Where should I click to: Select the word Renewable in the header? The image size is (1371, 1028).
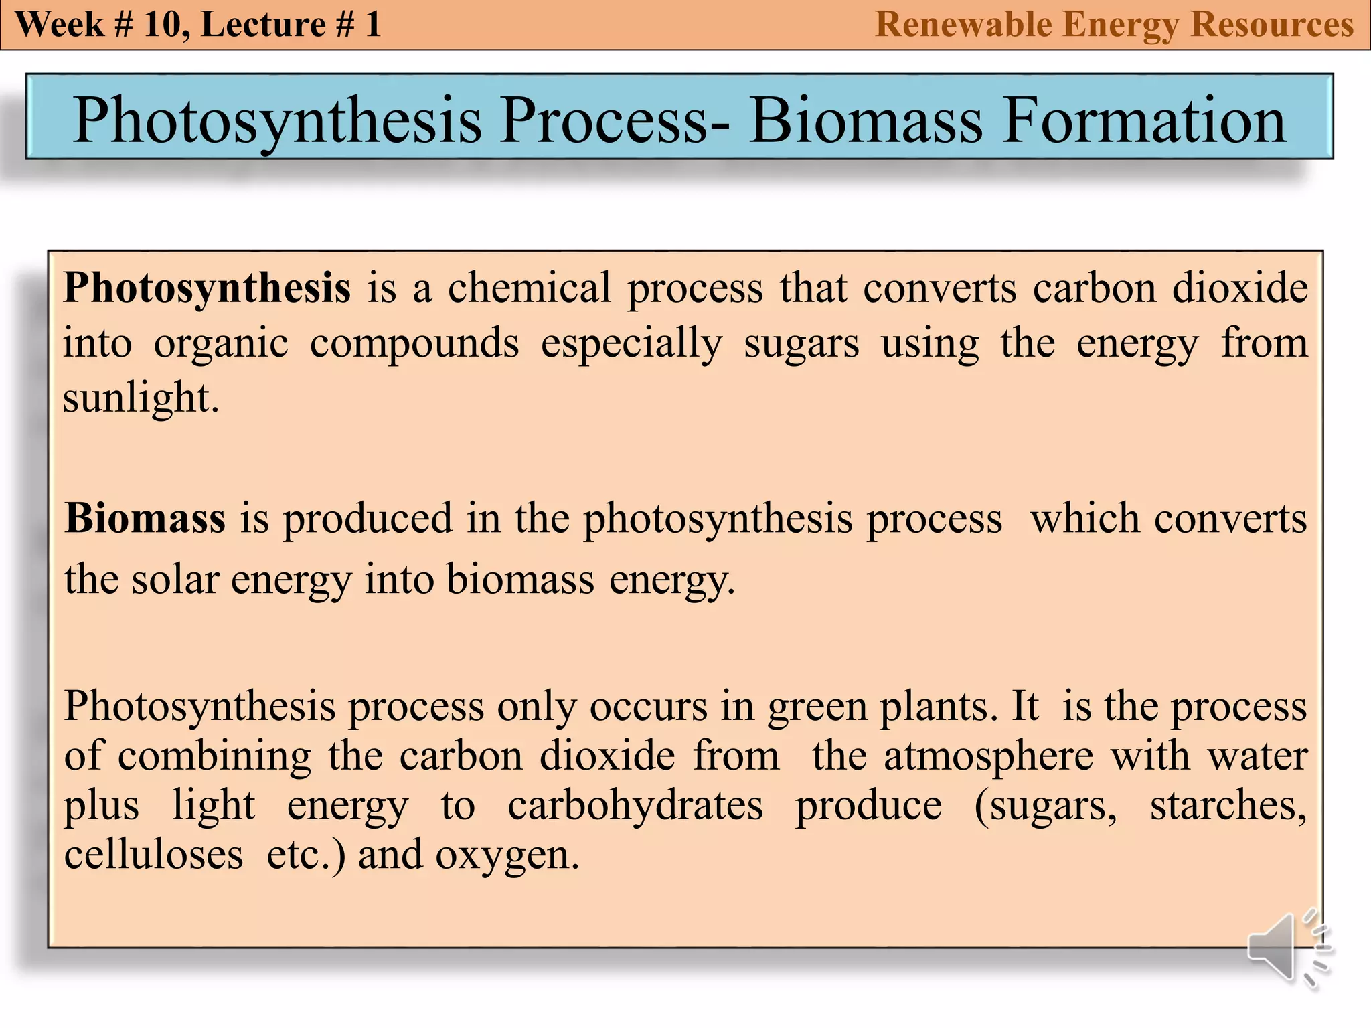pyautogui.click(x=963, y=25)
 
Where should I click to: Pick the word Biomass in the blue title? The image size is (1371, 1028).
pyautogui.click(x=866, y=120)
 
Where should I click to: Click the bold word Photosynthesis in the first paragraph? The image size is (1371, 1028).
pyautogui.click(x=207, y=288)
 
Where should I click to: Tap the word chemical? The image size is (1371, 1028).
pyautogui.click(x=529, y=288)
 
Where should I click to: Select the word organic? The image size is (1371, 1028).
pyautogui.click(x=221, y=344)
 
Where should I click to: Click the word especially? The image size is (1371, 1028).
pyautogui.click(x=631, y=344)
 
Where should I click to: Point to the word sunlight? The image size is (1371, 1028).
pyautogui.click(x=141, y=398)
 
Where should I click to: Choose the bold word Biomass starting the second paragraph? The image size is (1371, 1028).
pyautogui.click(x=145, y=518)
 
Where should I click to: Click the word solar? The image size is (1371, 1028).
pyautogui.click(x=175, y=579)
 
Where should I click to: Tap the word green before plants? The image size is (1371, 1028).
pyautogui.click(x=817, y=707)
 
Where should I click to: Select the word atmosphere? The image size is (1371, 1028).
pyautogui.click(x=988, y=756)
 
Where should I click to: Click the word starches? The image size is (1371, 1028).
pyautogui.click(x=1228, y=805)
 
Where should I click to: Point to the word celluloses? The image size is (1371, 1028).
pyautogui.click(x=153, y=855)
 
